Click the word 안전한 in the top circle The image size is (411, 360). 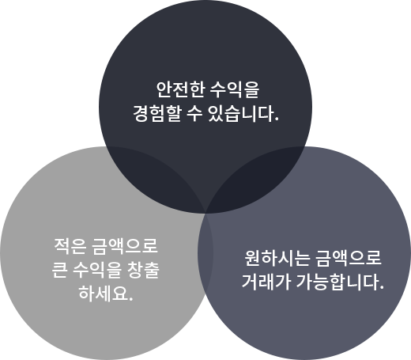click(x=180, y=89)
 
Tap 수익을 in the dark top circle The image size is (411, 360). click(x=235, y=89)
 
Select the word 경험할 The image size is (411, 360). click(x=157, y=114)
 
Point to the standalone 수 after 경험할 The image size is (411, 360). click(x=194, y=114)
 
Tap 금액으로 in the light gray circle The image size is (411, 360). click(x=125, y=246)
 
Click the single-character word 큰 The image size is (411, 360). click(x=59, y=271)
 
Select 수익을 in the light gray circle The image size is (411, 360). click(x=97, y=271)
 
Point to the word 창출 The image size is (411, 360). click(x=143, y=271)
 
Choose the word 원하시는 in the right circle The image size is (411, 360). click(x=277, y=258)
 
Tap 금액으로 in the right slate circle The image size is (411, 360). click(x=348, y=258)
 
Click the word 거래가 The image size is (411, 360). click(x=266, y=282)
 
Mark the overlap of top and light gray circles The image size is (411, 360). click(x=156, y=172)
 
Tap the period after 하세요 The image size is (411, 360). click(x=130, y=299)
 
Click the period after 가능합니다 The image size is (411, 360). click(x=382, y=288)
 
